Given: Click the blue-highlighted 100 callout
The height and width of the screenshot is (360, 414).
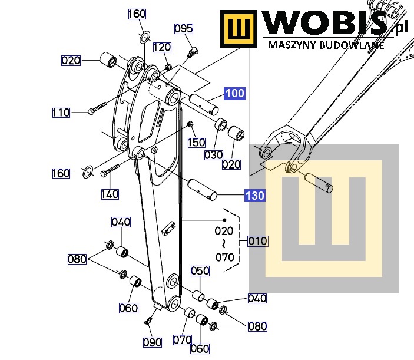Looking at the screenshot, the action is [235, 94].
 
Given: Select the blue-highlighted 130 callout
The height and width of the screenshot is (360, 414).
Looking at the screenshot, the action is [254, 196].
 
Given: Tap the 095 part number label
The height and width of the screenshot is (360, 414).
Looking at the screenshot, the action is [184, 28].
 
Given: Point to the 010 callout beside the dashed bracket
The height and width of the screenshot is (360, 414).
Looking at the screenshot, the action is [258, 241].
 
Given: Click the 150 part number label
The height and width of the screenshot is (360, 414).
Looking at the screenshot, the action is [197, 143].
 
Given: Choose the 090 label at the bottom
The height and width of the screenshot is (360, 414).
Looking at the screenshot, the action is [153, 342].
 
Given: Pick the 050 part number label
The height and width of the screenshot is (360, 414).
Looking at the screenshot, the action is [200, 271].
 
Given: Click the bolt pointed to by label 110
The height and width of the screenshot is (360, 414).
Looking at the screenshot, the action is [97, 108].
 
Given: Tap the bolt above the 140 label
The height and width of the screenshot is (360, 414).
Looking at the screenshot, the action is [110, 170].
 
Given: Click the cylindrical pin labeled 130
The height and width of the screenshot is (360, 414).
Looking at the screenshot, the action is [202, 189].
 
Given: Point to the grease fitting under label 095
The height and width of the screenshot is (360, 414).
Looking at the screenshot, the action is [193, 52].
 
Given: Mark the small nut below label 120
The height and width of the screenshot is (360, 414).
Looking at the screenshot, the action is [168, 67].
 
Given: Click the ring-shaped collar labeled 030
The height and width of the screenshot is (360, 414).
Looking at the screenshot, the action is [220, 125].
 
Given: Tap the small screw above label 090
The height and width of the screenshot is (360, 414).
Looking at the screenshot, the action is [148, 321].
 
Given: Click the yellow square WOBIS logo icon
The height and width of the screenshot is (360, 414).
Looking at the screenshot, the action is [239, 29].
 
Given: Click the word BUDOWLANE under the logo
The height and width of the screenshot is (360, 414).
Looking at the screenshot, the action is [352, 45].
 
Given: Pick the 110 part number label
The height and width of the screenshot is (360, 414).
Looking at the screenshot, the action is [61, 113].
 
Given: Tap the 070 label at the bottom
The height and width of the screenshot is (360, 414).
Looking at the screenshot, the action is [183, 339].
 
